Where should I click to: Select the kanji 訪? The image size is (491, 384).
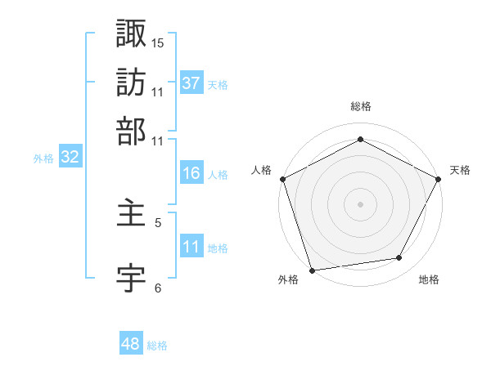[132, 82]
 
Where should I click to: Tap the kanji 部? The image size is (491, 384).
[132, 131]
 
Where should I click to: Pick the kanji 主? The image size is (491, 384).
[132, 214]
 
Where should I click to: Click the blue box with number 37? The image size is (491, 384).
[191, 83]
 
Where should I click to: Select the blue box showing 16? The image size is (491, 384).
[191, 173]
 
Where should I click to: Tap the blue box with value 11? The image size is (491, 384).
[191, 247]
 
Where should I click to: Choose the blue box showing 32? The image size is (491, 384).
[70, 158]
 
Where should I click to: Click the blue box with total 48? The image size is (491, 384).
[130, 344]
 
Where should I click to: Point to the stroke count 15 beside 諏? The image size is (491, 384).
[158, 42]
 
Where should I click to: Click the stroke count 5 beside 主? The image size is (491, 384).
[158, 221]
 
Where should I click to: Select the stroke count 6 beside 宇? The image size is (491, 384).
[158, 287]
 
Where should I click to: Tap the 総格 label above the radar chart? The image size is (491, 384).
[360, 106]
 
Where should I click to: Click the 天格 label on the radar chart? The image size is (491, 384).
[460, 170]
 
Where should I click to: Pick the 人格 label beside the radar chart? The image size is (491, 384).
[261, 170]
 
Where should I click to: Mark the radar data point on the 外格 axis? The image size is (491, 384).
[312, 269]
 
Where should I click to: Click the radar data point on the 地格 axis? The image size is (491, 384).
[399, 258]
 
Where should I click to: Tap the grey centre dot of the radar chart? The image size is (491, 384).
[360, 203]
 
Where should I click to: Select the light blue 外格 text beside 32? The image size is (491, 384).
[43, 159]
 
